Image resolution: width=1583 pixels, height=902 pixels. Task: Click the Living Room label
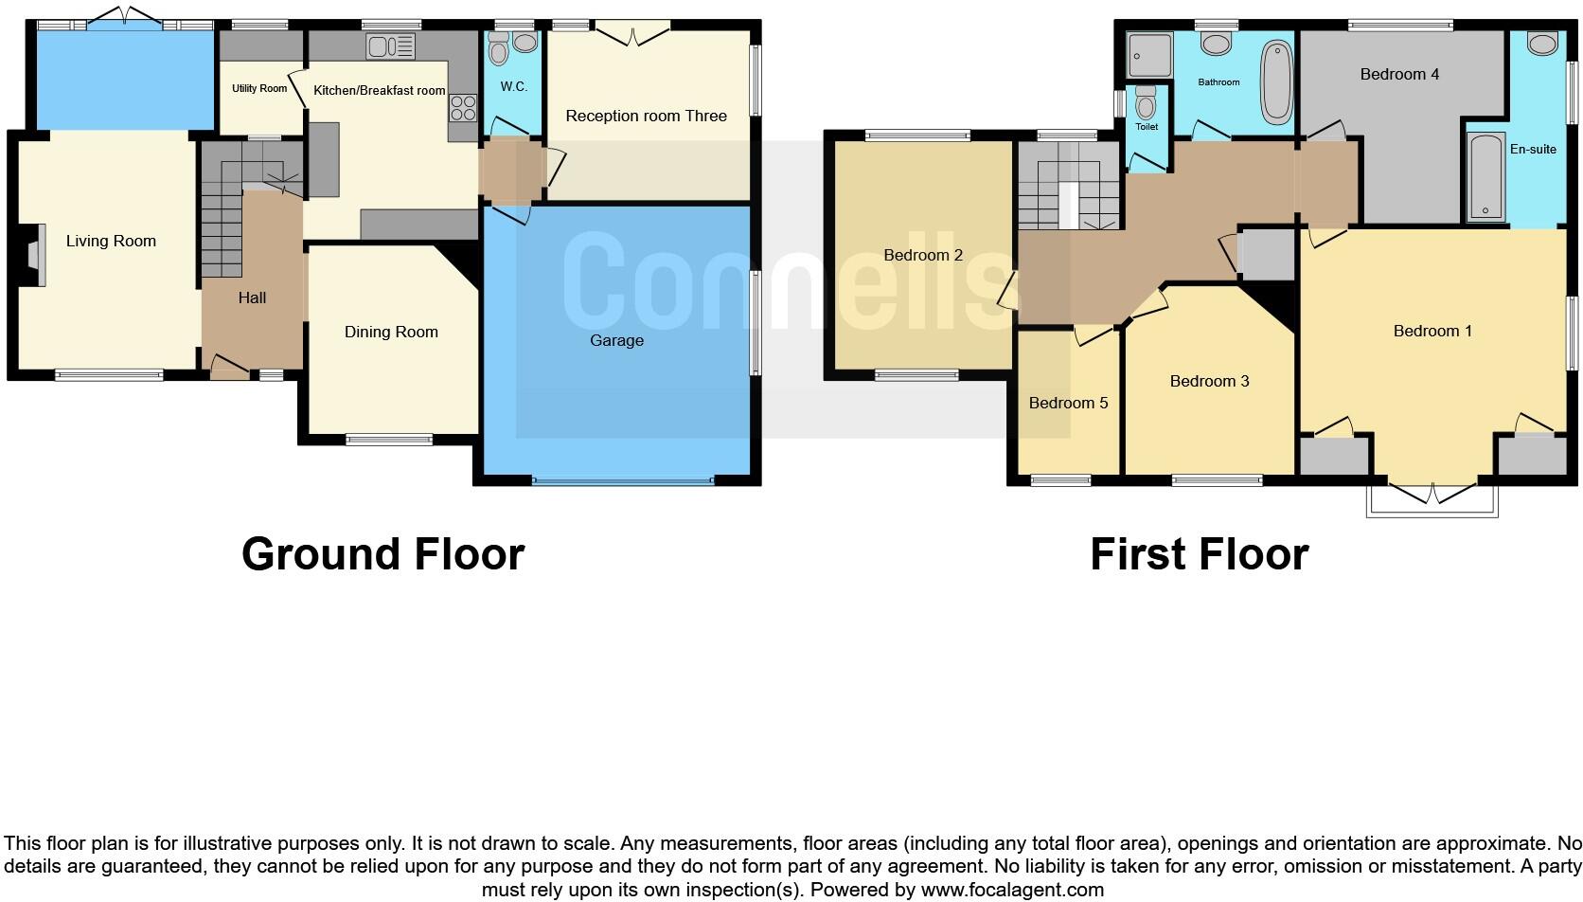pos(111,242)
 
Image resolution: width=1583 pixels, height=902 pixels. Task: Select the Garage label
pos(616,341)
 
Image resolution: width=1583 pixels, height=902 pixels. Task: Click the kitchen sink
pos(390,46)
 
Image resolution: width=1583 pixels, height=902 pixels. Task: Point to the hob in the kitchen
pos(463,108)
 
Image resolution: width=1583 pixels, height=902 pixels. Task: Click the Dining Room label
pos(391,333)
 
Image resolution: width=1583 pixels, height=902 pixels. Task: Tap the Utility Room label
pos(259,89)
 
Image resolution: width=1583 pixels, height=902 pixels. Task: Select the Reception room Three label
pos(646,117)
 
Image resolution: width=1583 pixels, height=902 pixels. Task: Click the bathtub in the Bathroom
pos(1275,81)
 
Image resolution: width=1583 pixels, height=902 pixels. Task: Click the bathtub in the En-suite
pos(1485,177)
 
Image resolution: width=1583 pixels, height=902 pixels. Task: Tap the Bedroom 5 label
pos(1068,404)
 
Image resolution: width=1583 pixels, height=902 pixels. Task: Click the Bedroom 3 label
pos(1209,382)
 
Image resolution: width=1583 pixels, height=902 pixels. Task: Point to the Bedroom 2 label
pos(923,256)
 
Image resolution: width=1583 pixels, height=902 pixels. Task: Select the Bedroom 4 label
pos(1399,75)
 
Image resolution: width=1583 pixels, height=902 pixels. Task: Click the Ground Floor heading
pos(382,555)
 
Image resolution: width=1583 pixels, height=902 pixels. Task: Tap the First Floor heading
pos(1199,555)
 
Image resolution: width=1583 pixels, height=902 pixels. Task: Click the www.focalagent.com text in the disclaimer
pos(1012,891)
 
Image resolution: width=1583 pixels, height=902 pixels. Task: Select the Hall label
pos(252,298)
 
